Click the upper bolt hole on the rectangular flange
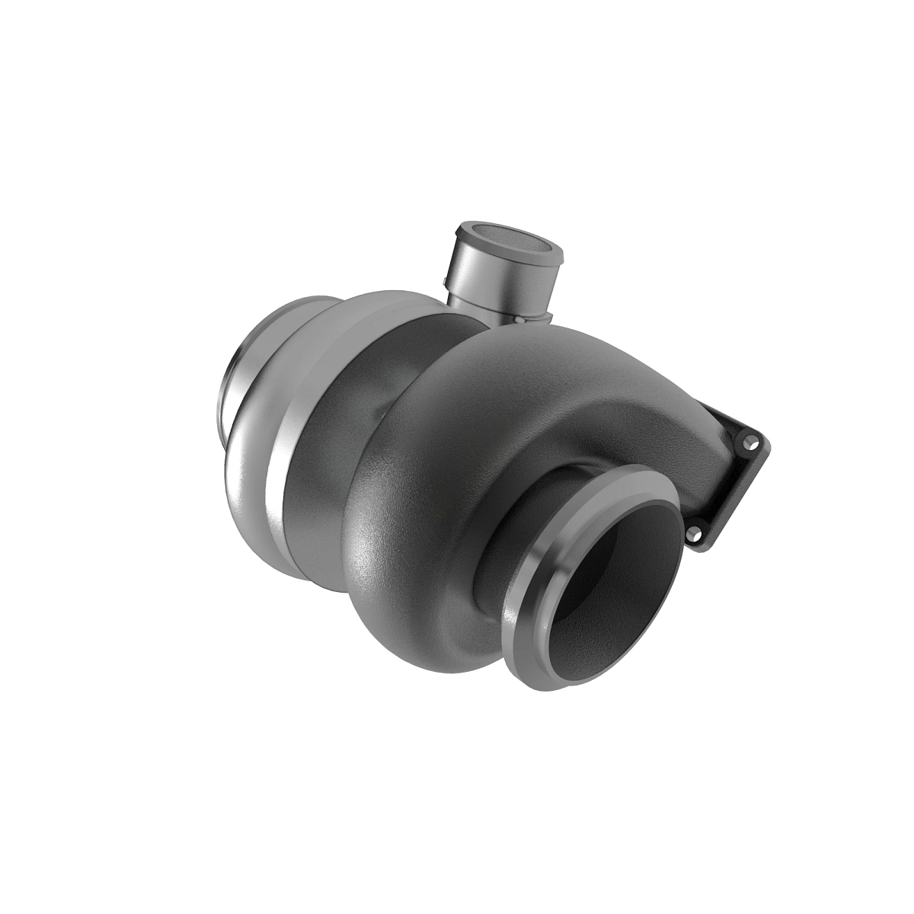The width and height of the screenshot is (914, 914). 753,441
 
